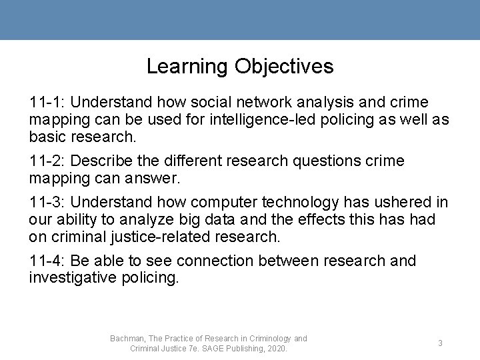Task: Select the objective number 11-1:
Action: tap(47, 103)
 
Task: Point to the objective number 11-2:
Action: tap(47, 161)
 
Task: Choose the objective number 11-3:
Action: tap(47, 202)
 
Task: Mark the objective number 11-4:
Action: tap(47, 261)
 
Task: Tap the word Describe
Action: tap(100, 161)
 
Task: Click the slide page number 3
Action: tap(440, 343)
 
